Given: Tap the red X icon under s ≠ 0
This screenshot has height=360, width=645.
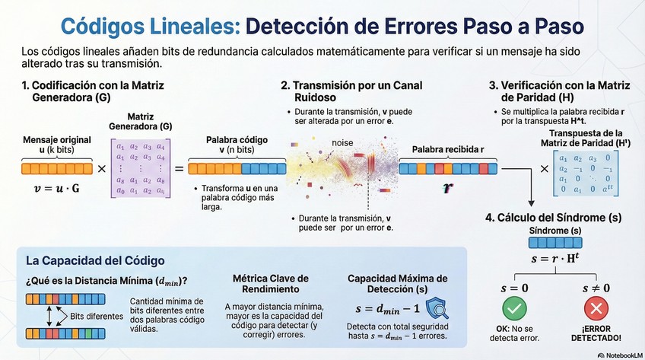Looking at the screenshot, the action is [x=597, y=309].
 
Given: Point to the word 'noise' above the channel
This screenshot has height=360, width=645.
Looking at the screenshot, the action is [x=342, y=142].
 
